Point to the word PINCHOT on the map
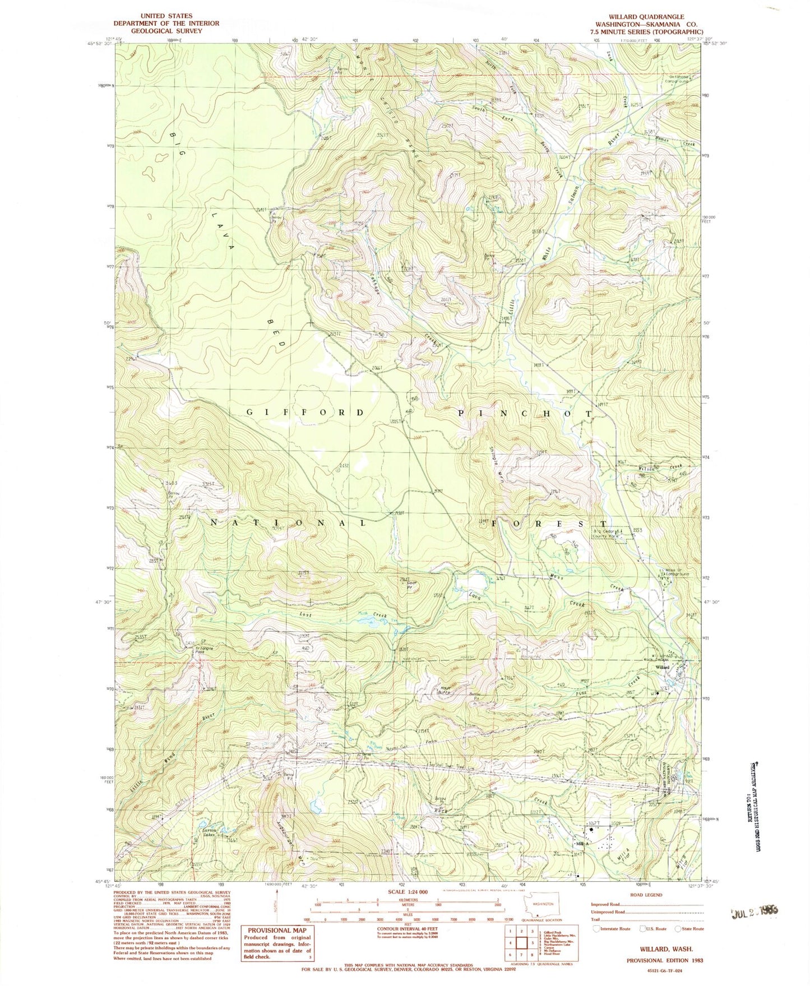pos(525,413)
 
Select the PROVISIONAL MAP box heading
pos(278,930)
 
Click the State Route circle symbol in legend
pos(677,929)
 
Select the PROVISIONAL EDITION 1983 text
pos(665,960)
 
